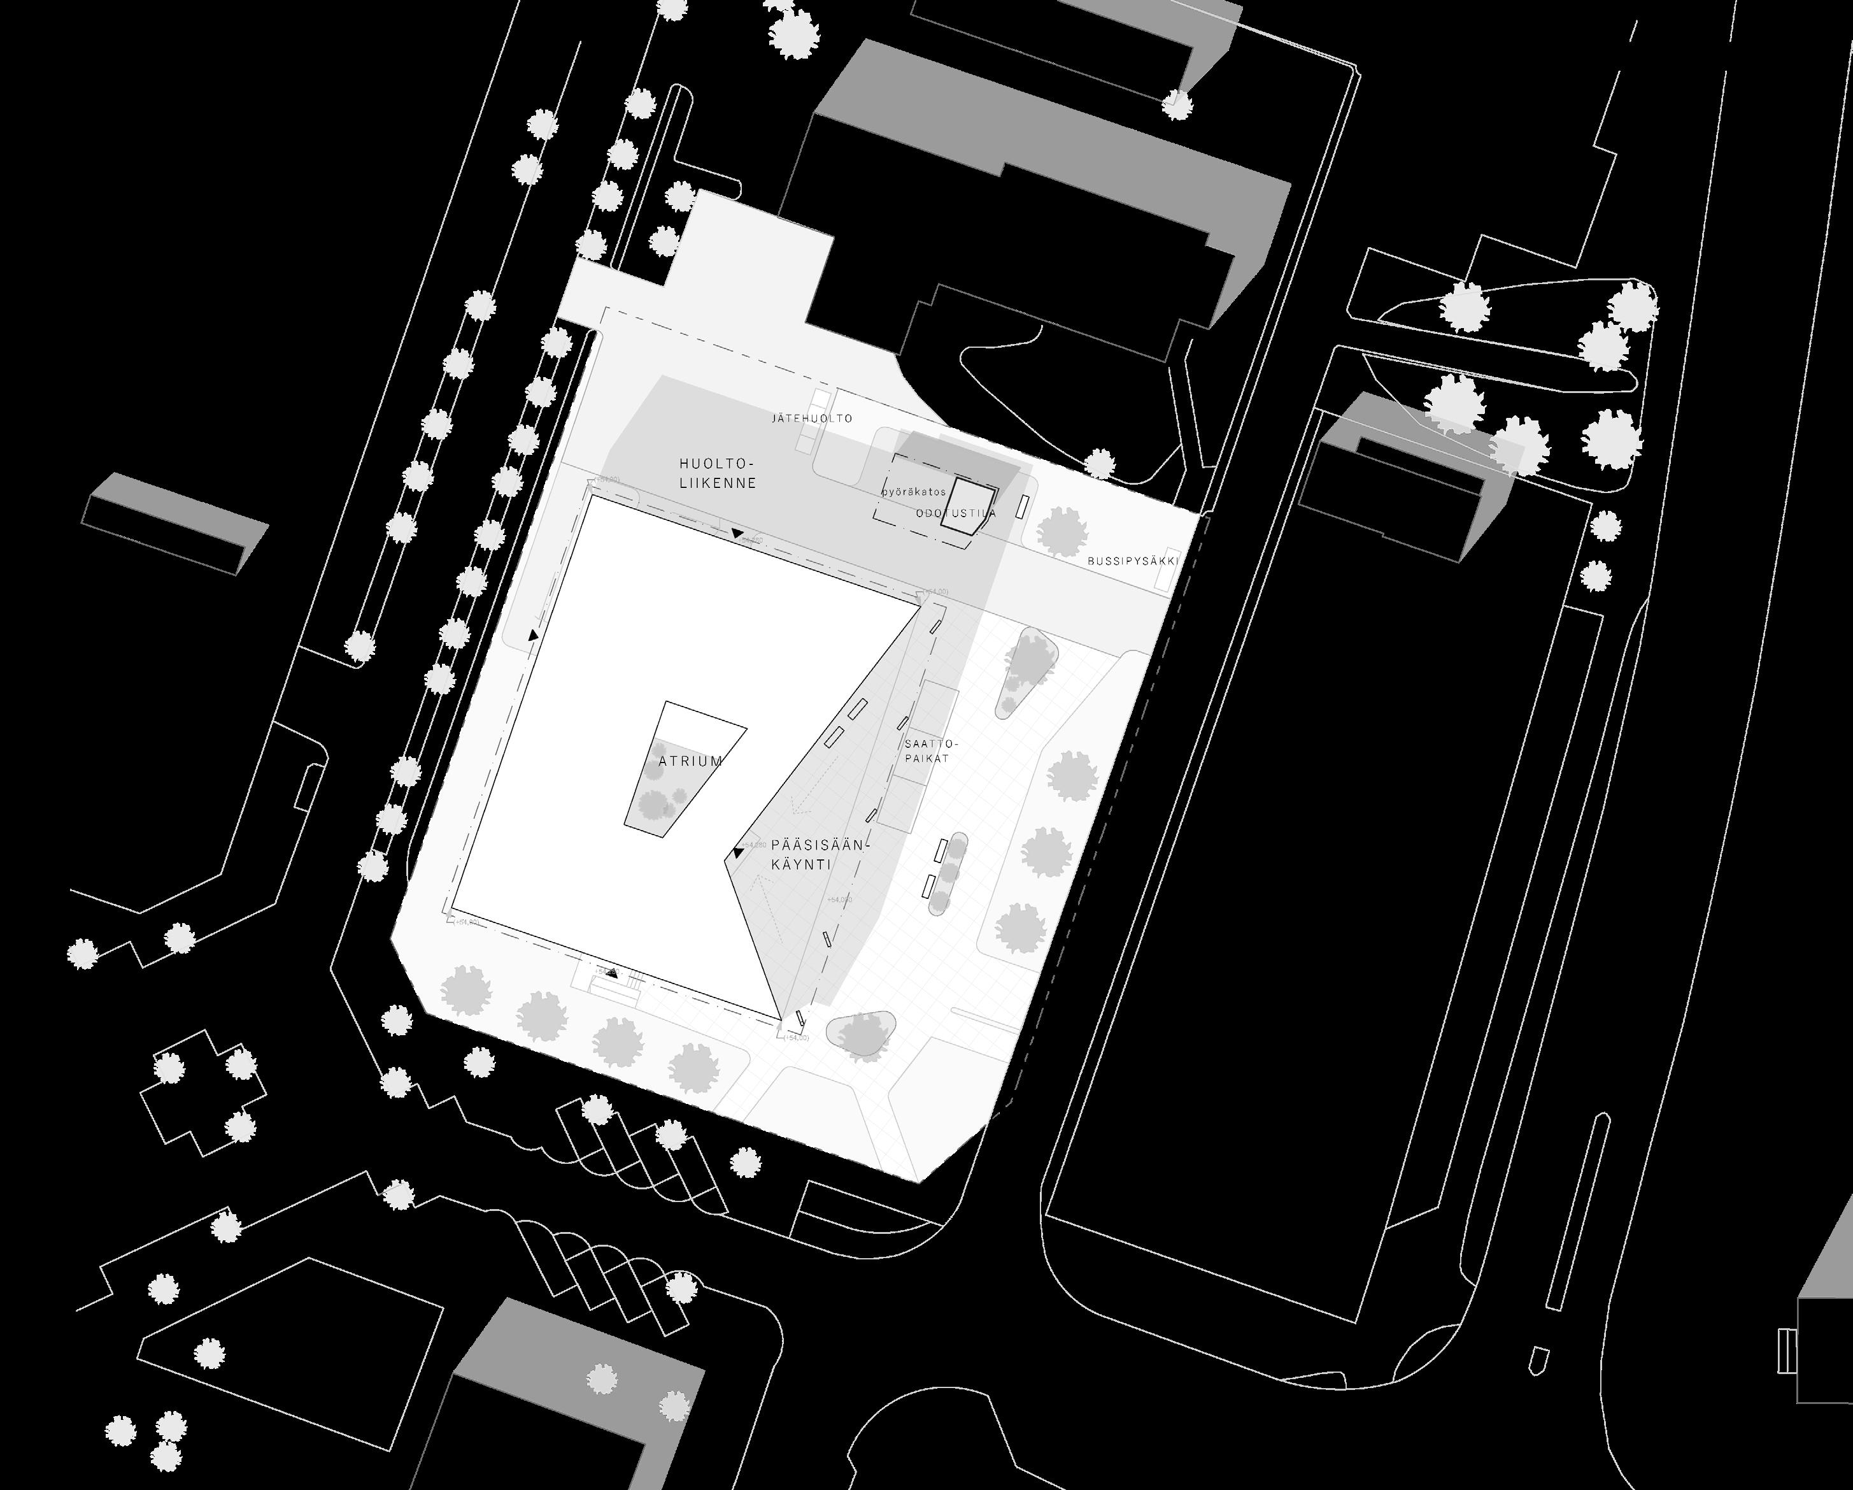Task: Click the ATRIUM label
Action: click(x=690, y=761)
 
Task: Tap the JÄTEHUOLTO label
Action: click(x=812, y=419)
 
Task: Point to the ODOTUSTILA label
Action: click(x=956, y=513)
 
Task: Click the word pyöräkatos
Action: click(x=914, y=492)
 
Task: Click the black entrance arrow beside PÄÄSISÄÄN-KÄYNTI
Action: click(x=737, y=854)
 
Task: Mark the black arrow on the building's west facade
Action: click(x=534, y=635)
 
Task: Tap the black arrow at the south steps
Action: click(x=612, y=973)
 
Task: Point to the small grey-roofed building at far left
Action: click(x=175, y=522)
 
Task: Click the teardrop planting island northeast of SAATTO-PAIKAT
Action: click(x=1026, y=671)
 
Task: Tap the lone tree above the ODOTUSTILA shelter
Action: click(x=1099, y=465)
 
